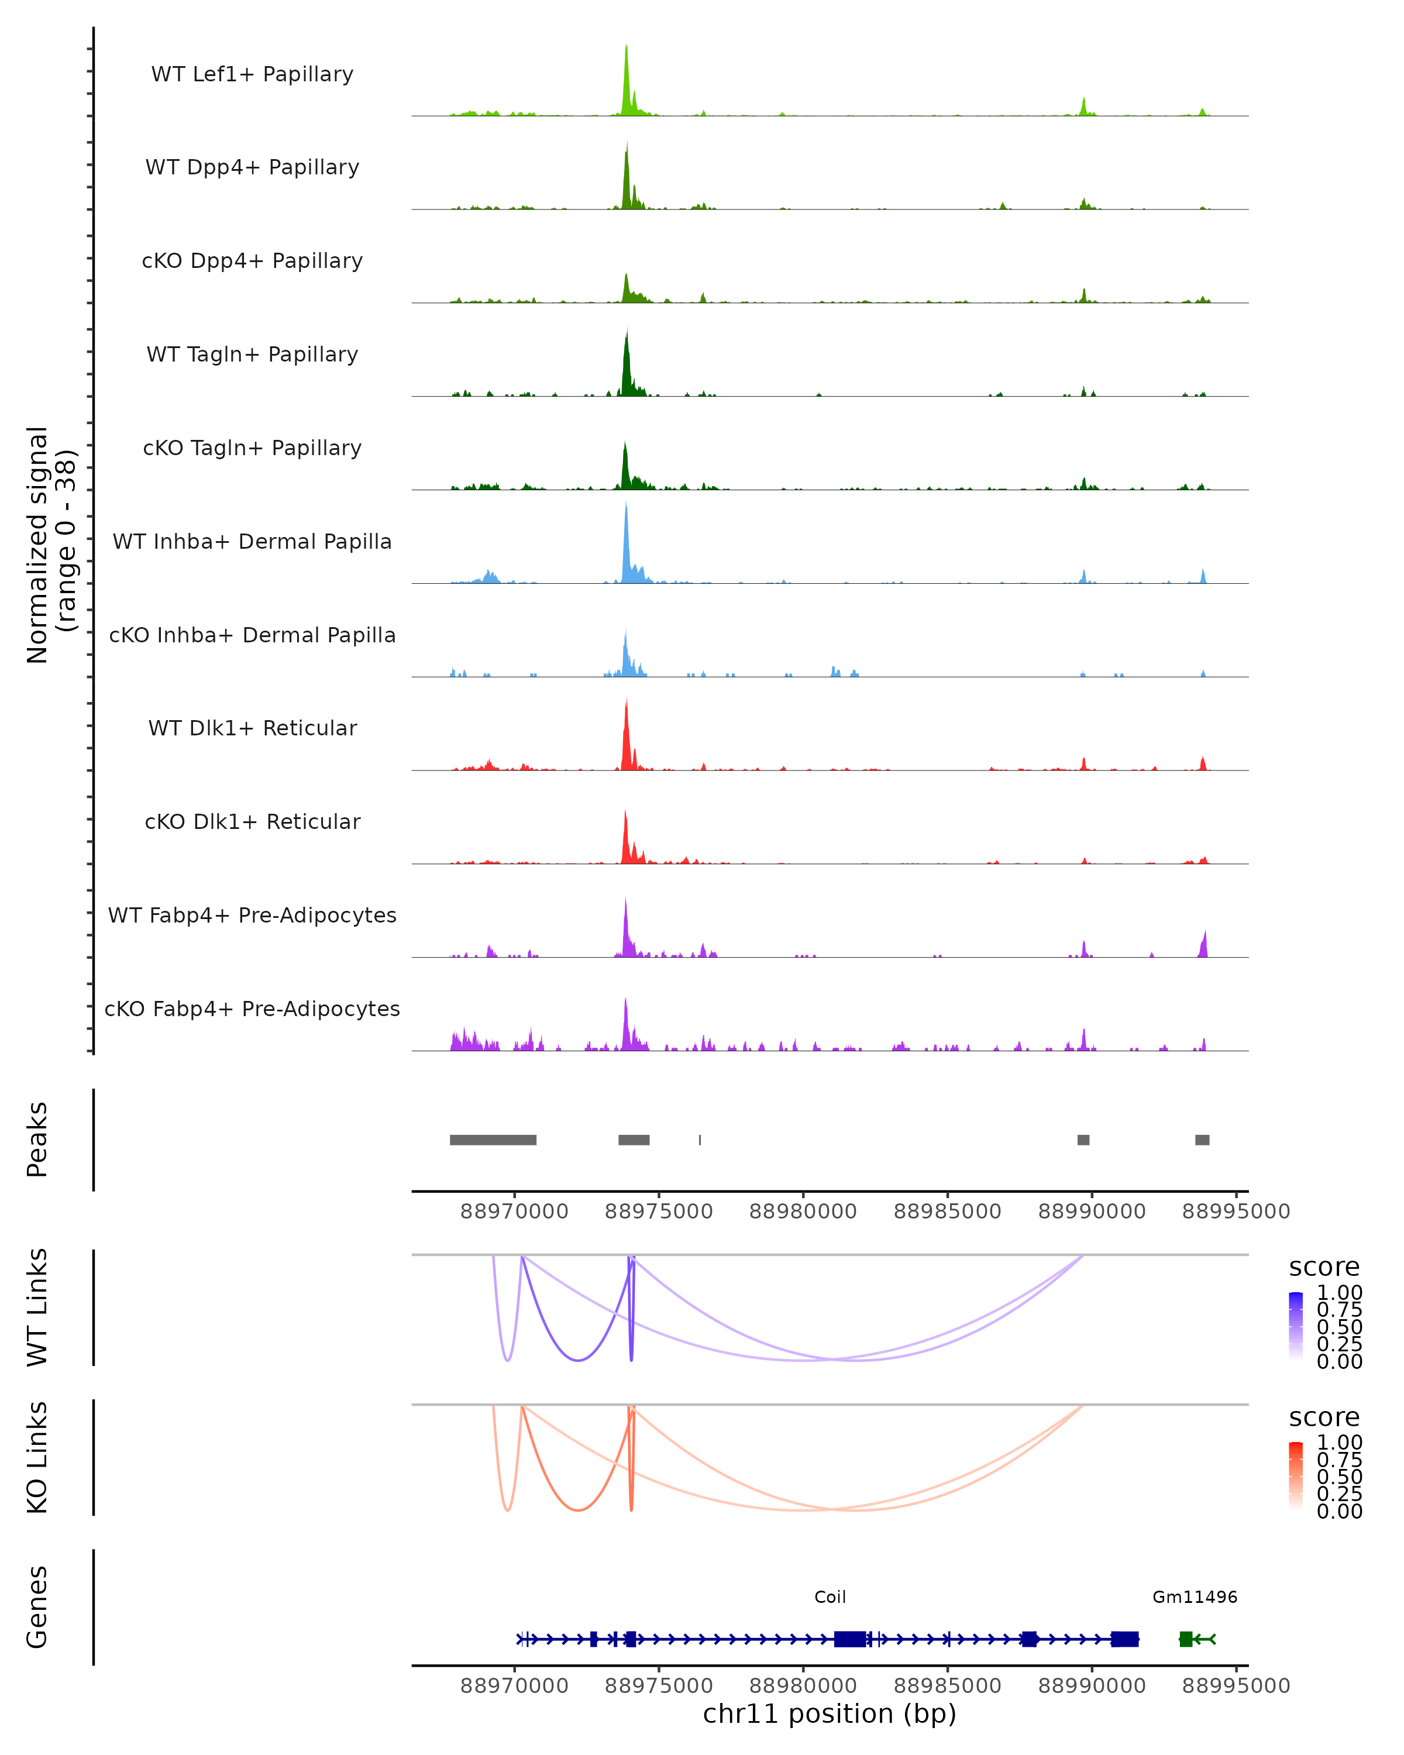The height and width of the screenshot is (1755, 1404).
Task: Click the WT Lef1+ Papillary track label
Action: (252, 74)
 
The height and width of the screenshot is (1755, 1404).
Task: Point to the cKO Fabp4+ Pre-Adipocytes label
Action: (252, 1009)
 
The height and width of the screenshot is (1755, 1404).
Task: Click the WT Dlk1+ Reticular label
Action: (252, 728)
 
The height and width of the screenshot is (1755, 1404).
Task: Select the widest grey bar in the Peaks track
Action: (493, 1140)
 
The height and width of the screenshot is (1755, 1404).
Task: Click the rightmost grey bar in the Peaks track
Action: (1202, 1140)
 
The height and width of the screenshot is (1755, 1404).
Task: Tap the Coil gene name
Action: (830, 1597)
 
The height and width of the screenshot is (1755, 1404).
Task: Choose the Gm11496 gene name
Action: (1194, 1597)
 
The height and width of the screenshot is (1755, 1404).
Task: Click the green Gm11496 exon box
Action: (1186, 1639)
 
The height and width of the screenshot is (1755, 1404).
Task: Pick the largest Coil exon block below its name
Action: (850, 1639)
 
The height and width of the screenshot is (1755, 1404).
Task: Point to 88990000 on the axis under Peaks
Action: (1092, 1212)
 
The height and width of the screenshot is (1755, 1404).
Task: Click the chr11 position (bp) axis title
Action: (830, 1713)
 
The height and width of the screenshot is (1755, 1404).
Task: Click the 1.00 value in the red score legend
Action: (1339, 1441)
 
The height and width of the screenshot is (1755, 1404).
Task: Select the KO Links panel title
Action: (37, 1457)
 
